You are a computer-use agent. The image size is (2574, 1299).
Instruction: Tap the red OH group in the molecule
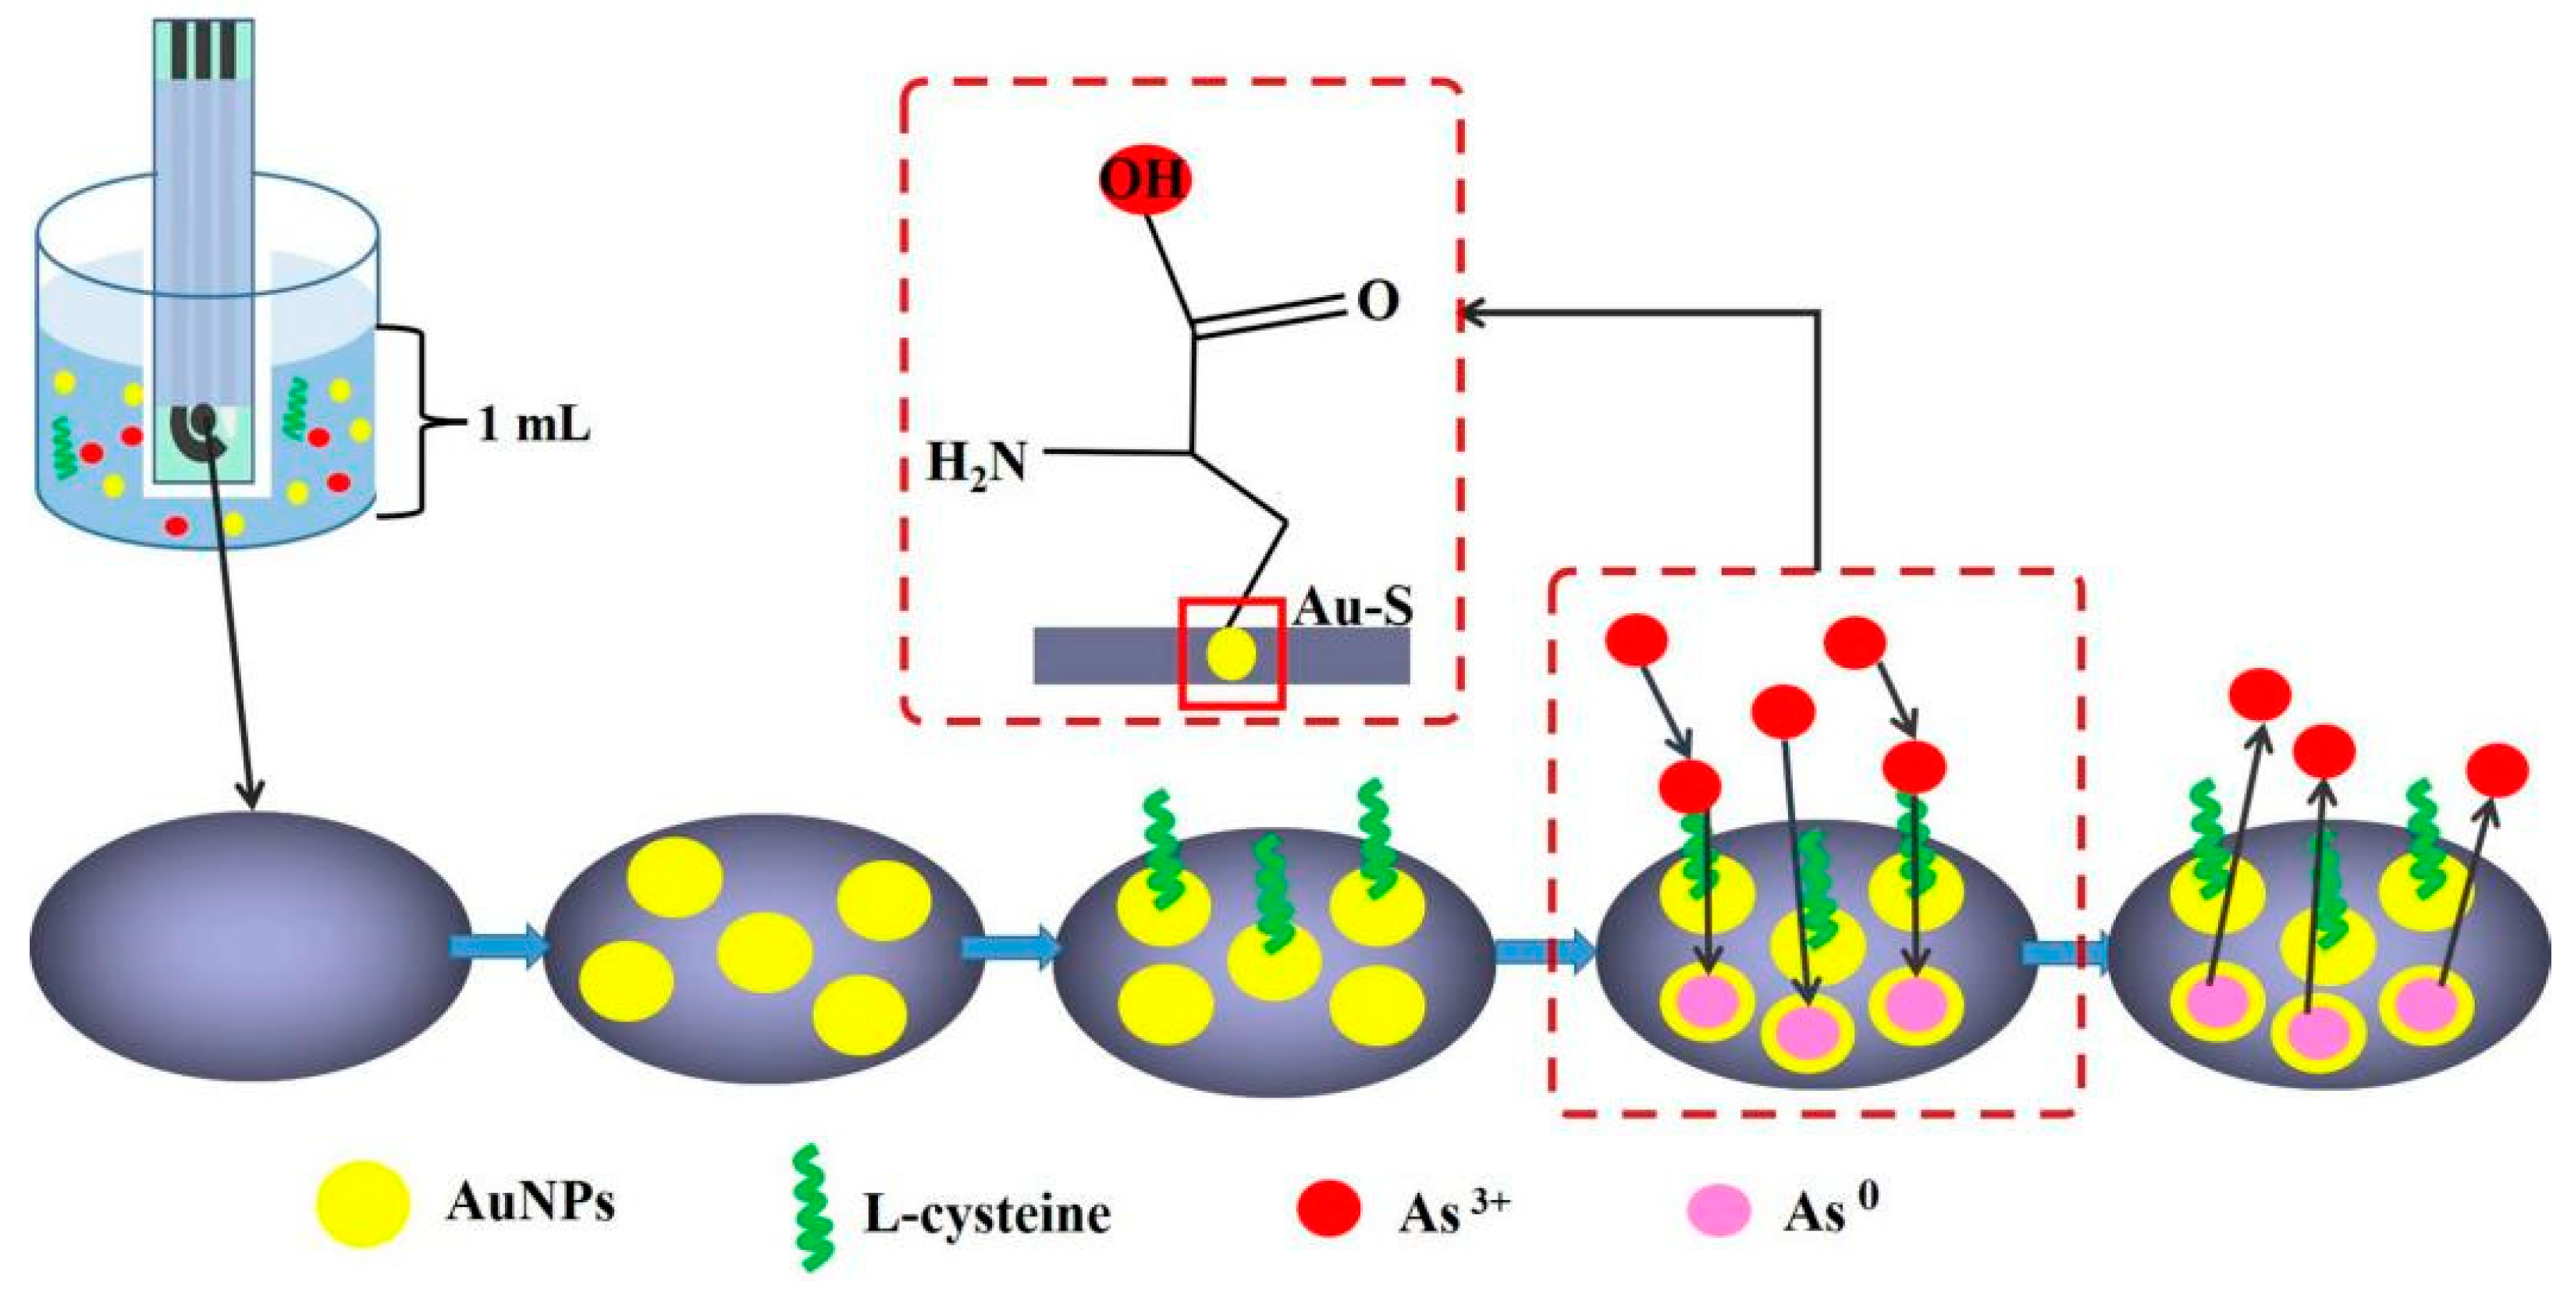(1144, 181)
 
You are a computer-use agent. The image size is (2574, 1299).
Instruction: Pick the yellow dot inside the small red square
(1230, 655)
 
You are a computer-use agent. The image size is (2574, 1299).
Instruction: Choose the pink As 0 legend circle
(1718, 1210)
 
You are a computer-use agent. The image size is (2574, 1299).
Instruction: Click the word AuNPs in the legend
(531, 1204)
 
